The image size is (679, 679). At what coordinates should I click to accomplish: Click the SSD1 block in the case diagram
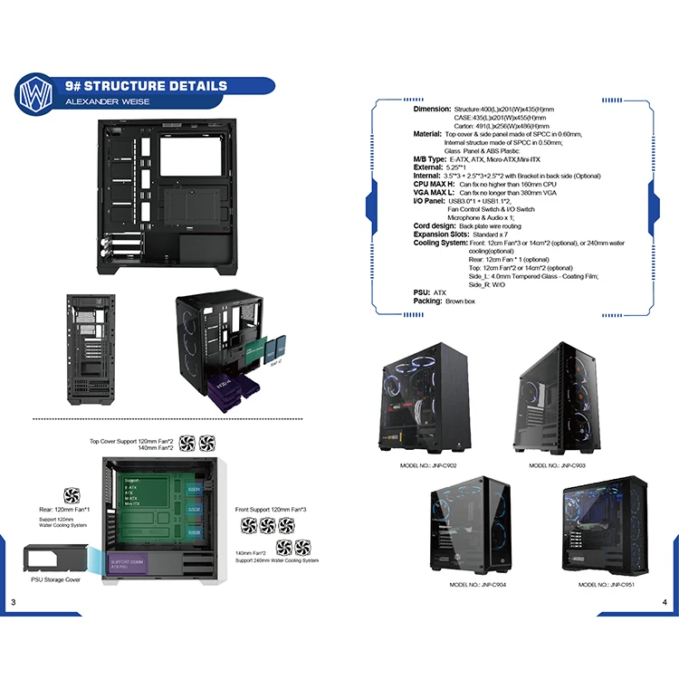point(195,489)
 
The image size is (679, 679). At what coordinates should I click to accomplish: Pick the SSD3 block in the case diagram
point(195,533)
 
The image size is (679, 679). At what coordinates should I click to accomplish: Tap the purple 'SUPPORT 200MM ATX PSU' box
point(127,563)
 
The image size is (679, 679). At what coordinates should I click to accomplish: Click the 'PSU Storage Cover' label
point(55,579)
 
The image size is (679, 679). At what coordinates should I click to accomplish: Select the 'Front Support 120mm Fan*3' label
point(272,511)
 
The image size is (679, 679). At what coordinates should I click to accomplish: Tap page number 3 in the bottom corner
point(13,603)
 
